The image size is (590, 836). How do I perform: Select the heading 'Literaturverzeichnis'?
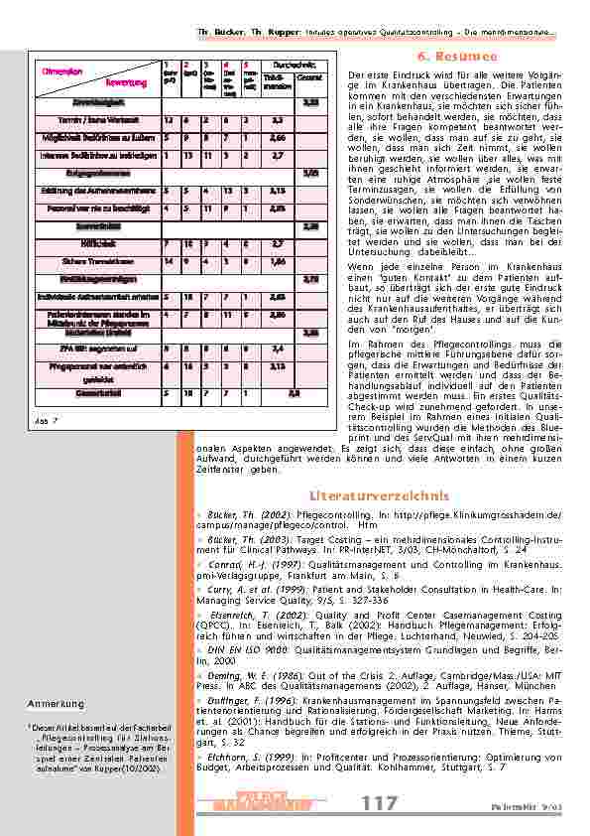pyautogui.click(x=380, y=494)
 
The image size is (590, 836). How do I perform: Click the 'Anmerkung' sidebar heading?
pyautogui.click(x=55, y=704)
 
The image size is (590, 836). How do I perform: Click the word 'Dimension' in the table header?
pyautogui.click(x=61, y=70)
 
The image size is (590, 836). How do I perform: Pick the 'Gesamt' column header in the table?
pyautogui.click(x=309, y=78)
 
